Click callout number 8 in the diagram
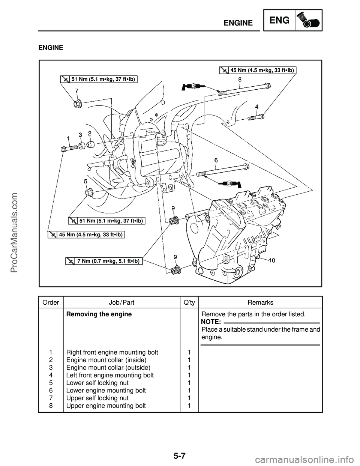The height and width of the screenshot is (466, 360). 240,80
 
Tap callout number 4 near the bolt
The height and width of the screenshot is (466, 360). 257,107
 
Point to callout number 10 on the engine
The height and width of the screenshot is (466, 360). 272,260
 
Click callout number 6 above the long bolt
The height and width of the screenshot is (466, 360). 216,160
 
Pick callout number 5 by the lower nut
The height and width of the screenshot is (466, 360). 85,181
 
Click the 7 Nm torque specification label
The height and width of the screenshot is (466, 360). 104,261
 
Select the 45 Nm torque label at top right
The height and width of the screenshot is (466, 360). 258,70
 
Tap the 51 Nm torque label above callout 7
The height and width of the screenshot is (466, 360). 98,79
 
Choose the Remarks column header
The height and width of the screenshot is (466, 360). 260,302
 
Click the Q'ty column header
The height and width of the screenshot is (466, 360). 189,302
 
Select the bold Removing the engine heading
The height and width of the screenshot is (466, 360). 99,314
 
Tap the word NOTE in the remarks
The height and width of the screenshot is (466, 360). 210,322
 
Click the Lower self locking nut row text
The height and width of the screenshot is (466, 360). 97,383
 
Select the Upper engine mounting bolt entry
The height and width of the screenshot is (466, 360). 106,405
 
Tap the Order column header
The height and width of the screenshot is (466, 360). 51,302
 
